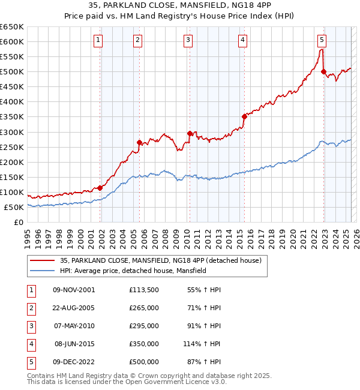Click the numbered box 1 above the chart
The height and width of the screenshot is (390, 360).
pyautogui.click(x=98, y=40)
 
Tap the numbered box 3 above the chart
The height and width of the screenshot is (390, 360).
pyautogui.click(x=188, y=40)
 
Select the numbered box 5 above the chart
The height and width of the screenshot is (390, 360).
pyautogui.click(x=322, y=40)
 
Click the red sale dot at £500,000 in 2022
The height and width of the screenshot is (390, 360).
pyautogui.click(x=324, y=72)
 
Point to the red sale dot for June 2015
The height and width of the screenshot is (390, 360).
pyautogui.click(x=244, y=116)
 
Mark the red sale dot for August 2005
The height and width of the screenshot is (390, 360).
pyautogui.click(x=140, y=142)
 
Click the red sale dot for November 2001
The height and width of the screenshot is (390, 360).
pyautogui.click(x=100, y=188)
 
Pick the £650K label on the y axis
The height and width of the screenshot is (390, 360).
pyautogui.click(x=12, y=27)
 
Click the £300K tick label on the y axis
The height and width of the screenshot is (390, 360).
pyautogui.click(x=12, y=132)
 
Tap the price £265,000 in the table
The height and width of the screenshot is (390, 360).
pyautogui.click(x=144, y=308)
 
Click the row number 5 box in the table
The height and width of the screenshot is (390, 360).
pyautogui.click(x=30, y=362)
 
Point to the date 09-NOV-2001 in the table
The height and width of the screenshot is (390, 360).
pyautogui.click(x=74, y=290)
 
